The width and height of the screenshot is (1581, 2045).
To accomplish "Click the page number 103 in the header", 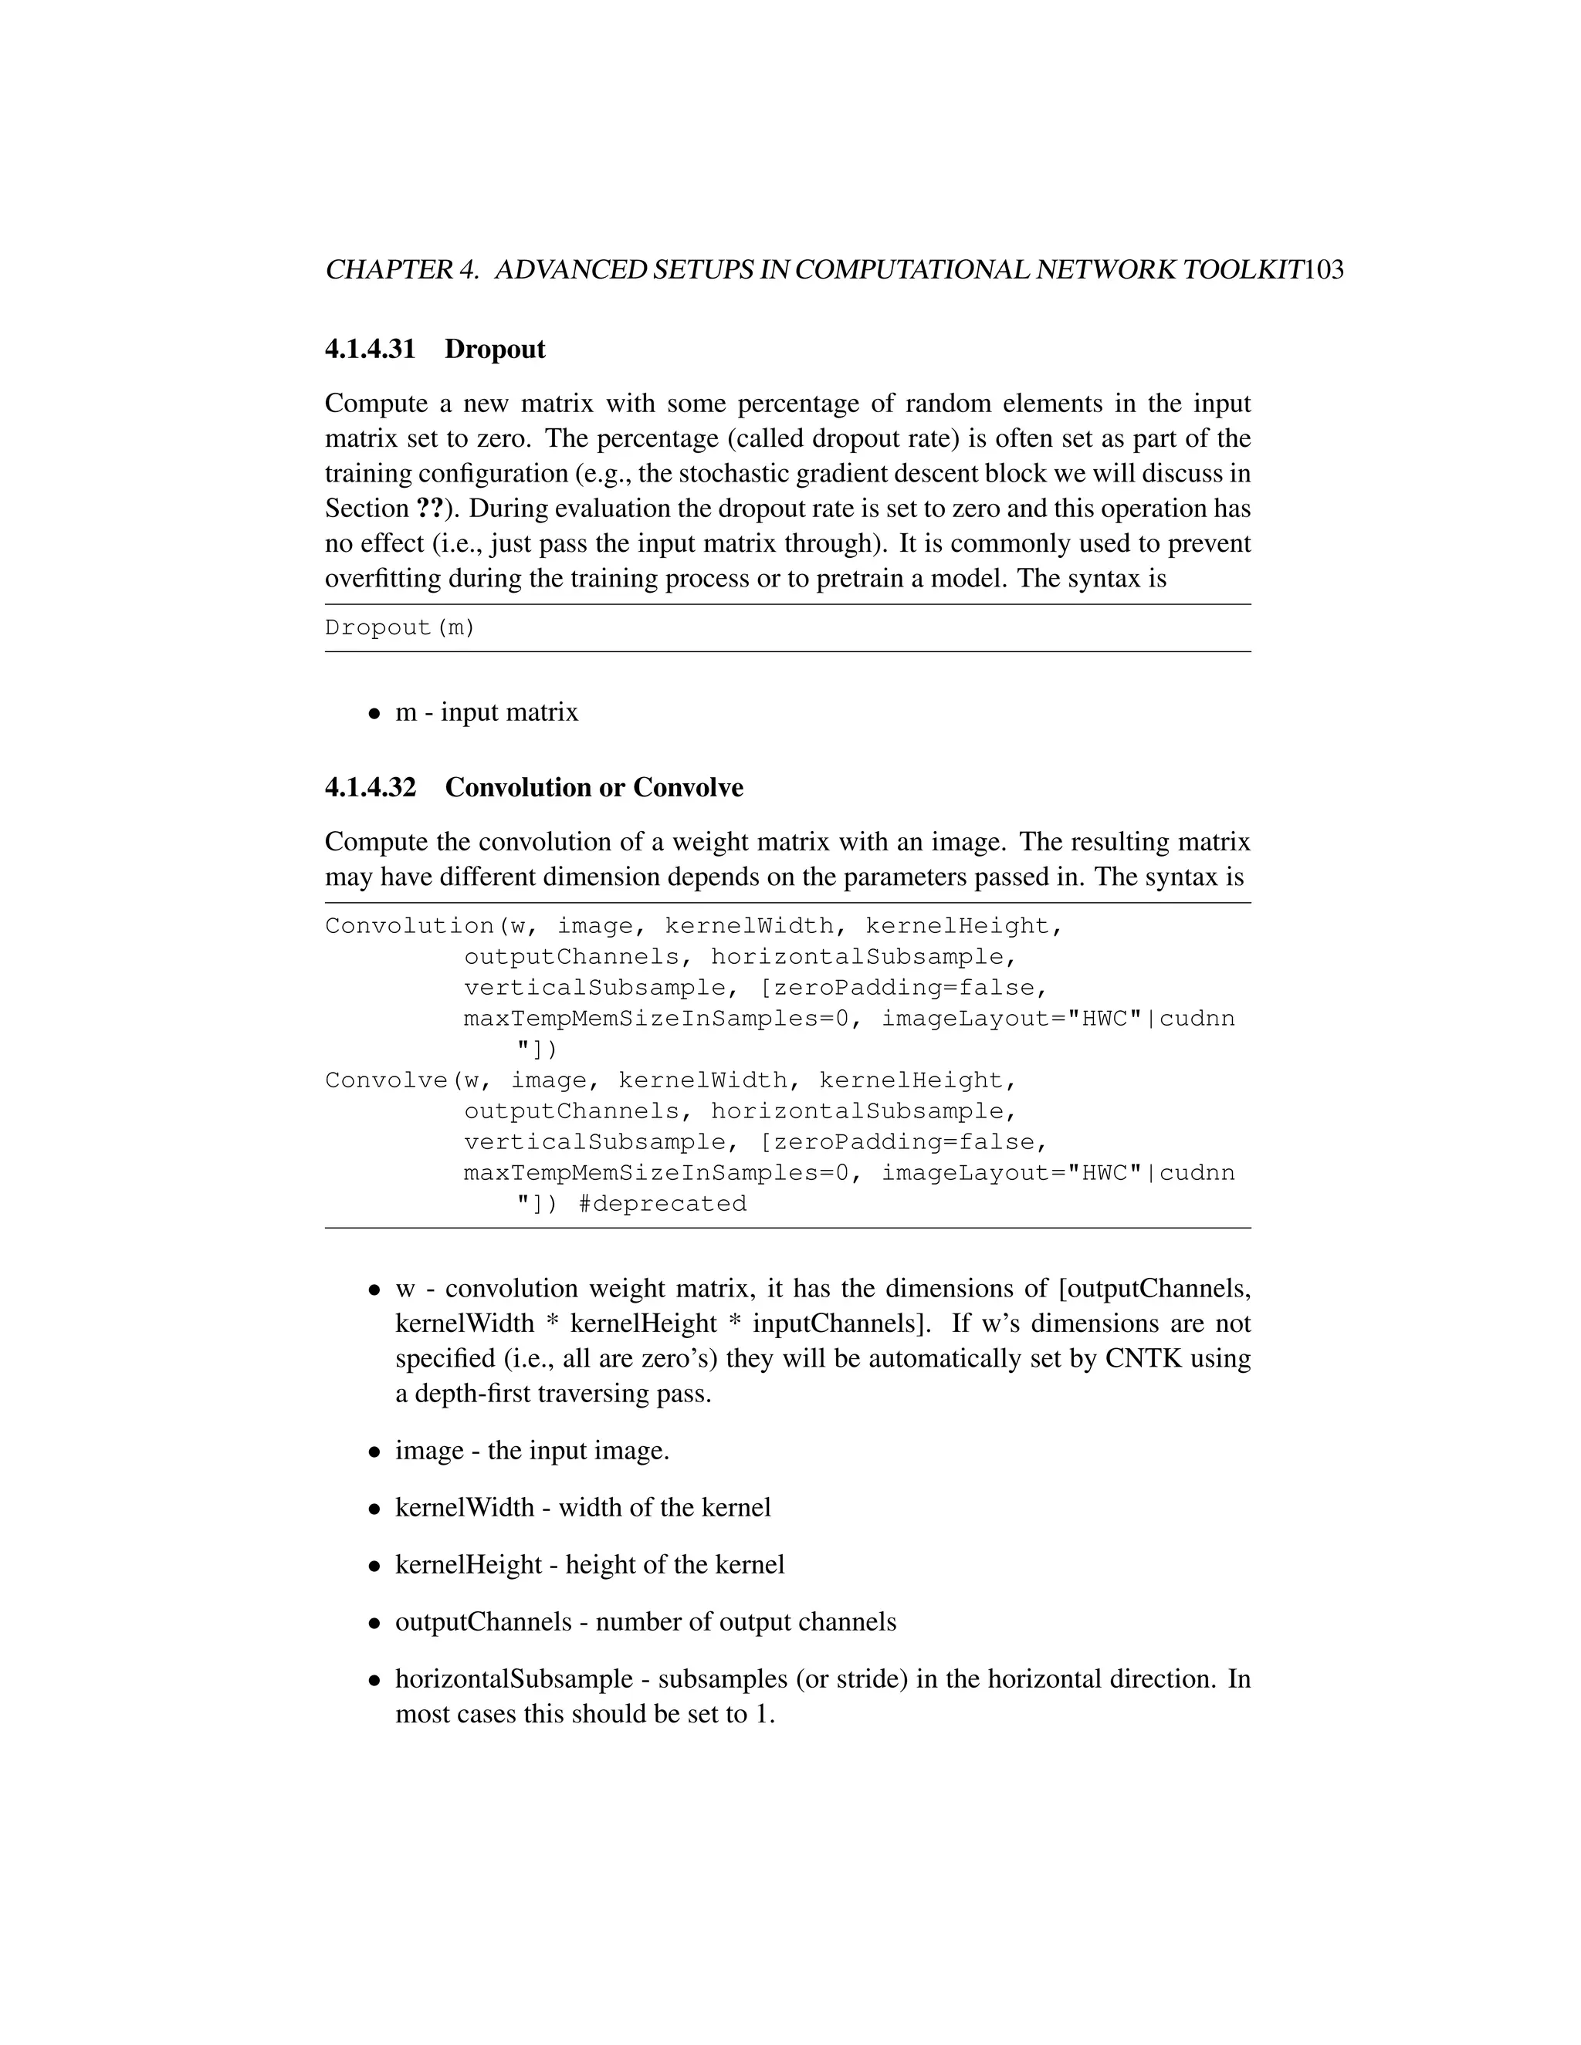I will (1323, 271).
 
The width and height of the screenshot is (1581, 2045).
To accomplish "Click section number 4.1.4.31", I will (370, 350).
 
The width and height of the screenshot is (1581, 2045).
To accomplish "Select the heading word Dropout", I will (495, 350).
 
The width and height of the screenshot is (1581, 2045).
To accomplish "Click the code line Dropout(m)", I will (400, 627).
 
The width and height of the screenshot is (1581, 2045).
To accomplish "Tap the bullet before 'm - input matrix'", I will (374, 714).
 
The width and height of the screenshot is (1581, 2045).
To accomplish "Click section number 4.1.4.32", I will (370, 787).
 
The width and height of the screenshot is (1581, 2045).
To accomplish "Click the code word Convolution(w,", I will (425, 926).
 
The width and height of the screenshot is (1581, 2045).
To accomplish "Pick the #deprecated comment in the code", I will (662, 1203).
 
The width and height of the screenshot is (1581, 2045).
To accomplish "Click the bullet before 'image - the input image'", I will (374, 1452).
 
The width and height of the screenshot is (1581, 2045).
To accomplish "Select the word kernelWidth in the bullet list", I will (465, 1508).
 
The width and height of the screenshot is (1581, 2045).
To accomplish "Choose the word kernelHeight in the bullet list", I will (469, 1565).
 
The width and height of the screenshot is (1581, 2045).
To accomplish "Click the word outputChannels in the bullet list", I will (483, 1622).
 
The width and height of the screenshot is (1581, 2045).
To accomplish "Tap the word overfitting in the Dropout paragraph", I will (383, 579).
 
